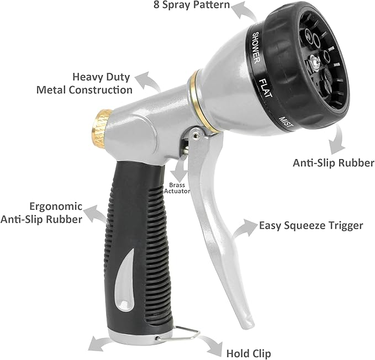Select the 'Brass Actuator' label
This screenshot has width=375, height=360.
pyautogui.click(x=177, y=187)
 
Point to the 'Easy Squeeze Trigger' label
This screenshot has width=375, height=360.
pyautogui.click(x=311, y=225)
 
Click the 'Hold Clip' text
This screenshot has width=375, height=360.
pyautogui.click(x=249, y=353)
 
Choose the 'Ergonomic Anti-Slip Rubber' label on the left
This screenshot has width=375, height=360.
pyautogui.click(x=48, y=213)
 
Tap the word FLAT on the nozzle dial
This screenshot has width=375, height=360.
pyautogui.click(x=265, y=87)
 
